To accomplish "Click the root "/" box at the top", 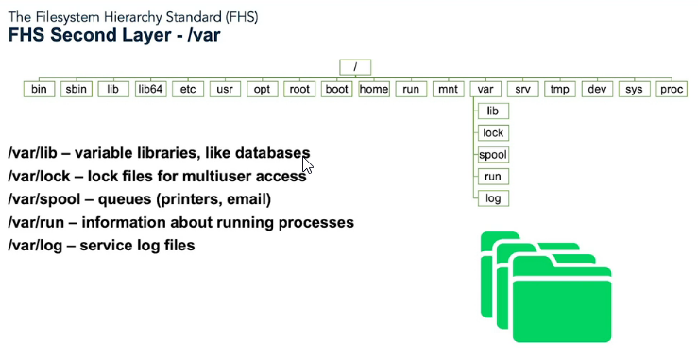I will tap(355, 67).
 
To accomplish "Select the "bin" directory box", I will tap(39, 89).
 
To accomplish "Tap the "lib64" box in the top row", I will tap(150, 89).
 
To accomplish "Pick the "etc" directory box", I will tap(188, 89).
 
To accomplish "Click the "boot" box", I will tap(337, 89).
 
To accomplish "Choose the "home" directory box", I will tap(374, 89).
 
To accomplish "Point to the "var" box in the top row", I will tap(485, 89).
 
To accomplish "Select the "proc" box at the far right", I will tap(672, 89).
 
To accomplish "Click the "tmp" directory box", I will tap(560, 89).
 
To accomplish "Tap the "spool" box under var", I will tap(493, 155).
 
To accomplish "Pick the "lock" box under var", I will tap(493, 133).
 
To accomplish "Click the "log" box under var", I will tap(493, 197).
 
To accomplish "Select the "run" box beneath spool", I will tap(493, 177).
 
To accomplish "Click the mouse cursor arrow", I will tap(306, 165).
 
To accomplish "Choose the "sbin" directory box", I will tap(76, 89).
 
